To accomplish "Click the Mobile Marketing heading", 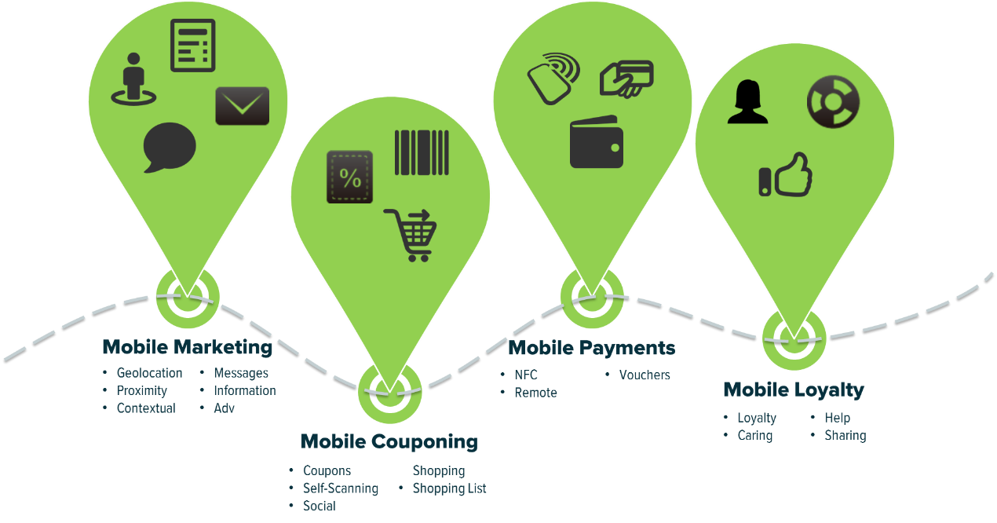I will point(188,347).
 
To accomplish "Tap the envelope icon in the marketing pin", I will point(243,106).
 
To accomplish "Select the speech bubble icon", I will point(169,147).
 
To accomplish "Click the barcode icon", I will point(422,152).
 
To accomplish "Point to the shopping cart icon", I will point(411,235).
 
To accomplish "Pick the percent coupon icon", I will point(349,177).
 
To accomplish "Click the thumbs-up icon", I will point(786,175).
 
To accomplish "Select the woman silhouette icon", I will point(747,103).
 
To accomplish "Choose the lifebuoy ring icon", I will point(833,102).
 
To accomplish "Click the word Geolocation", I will point(149,373).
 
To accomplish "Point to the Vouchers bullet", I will point(645,375).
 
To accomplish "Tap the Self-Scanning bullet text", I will point(341,488).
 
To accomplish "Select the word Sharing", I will point(845,435).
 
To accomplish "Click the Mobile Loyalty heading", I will point(793,390).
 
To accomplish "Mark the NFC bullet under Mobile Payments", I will point(526,375).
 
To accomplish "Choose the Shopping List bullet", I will point(449,488).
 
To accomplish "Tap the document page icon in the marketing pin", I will point(192,46).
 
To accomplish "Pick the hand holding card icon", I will point(626,78).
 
